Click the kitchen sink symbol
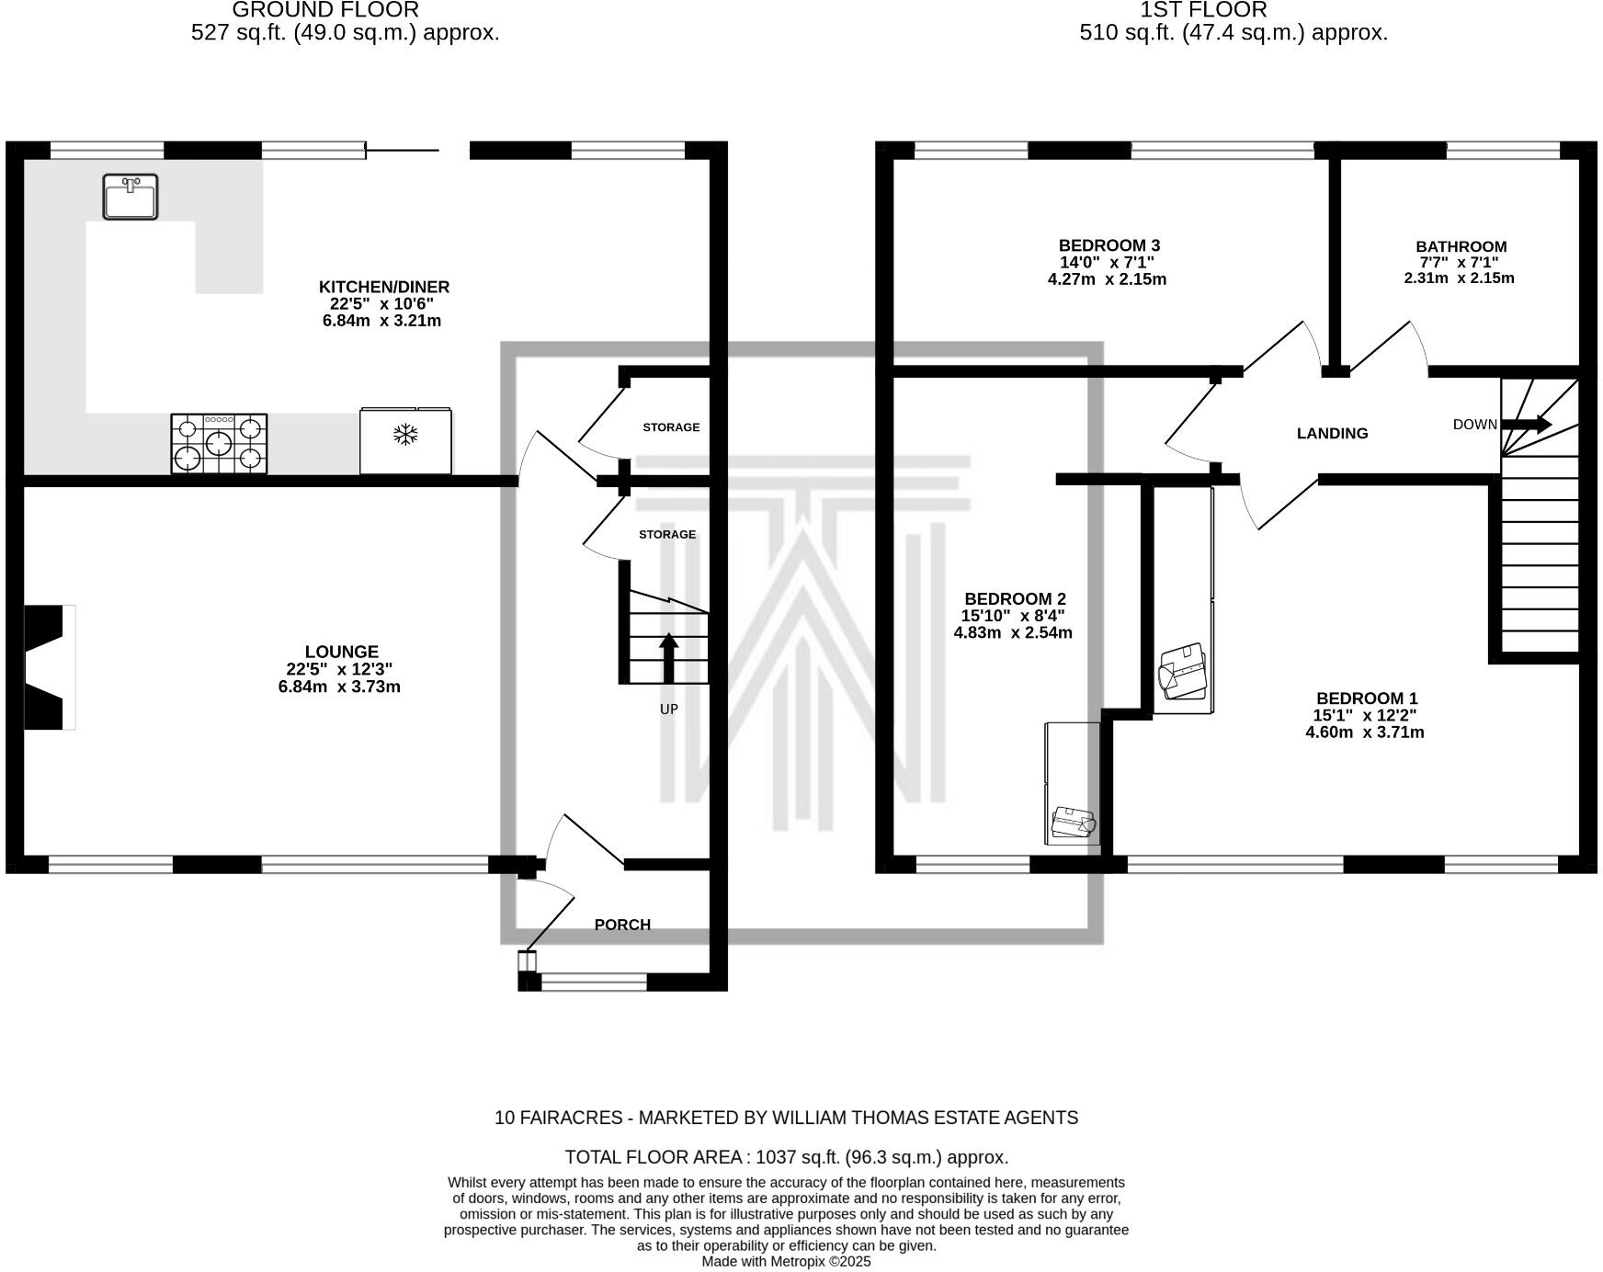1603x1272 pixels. (130, 197)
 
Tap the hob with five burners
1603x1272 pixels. (219, 444)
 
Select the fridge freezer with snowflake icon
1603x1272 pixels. (405, 441)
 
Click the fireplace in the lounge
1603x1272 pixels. (46, 667)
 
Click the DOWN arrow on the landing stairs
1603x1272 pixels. (1526, 424)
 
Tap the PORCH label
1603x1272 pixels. (622, 925)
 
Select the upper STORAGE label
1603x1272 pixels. (671, 427)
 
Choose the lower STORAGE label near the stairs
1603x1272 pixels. (667, 534)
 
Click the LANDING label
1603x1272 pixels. (1332, 434)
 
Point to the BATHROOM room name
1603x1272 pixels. (1461, 246)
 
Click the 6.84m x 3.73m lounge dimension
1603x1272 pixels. (339, 687)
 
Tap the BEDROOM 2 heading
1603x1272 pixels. (1015, 599)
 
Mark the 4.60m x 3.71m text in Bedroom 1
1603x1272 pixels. (1364, 733)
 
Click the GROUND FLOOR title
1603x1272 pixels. (325, 10)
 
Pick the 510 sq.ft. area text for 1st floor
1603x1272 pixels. (1233, 33)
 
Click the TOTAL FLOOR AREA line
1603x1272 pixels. (786, 1157)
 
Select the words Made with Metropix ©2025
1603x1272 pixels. (786, 1262)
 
